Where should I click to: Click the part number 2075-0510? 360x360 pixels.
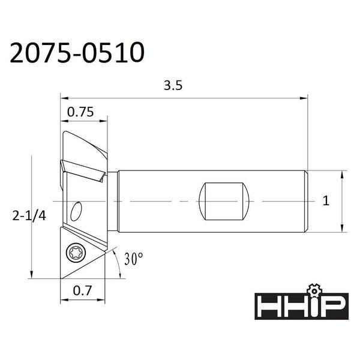coord(77,53)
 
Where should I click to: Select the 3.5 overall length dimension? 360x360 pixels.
coord(173,85)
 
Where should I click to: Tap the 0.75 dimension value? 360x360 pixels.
coord(80,112)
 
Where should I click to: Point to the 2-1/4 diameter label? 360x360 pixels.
coord(29,216)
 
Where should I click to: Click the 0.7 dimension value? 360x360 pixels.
coord(82,290)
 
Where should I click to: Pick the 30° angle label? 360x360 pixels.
coord(134,259)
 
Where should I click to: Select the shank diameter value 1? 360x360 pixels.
coord(326,200)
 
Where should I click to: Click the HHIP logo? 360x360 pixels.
coord(301,306)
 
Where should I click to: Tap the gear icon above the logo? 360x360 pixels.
coord(314,290)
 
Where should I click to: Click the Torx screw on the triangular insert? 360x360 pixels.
coord(76,253)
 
